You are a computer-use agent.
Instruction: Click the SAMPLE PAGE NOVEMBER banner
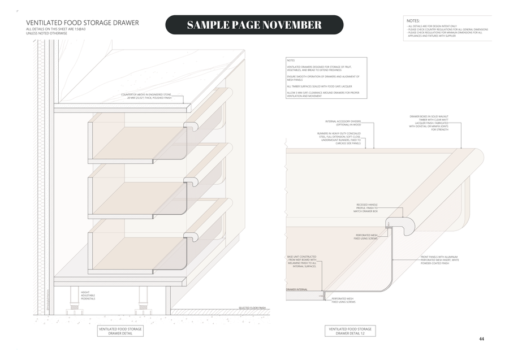[x=254, y=25]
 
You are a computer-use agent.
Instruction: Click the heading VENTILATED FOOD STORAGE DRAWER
[x=83, y=23]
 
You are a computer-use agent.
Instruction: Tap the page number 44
[x=481, y=339]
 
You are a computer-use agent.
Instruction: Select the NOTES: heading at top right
[x=413, y=20]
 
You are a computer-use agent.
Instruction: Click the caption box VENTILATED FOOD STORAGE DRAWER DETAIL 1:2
[x=350, y=331]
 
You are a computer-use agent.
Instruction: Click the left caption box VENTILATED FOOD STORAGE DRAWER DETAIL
[x=120, y=331]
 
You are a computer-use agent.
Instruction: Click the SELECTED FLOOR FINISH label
[x=252, y=309]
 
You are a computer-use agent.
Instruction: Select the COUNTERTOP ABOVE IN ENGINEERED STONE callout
[x=149, y=96]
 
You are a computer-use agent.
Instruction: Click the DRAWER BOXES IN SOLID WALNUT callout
[x=429, y=123]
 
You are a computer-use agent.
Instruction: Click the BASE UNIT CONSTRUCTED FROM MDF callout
[x=302, y=261]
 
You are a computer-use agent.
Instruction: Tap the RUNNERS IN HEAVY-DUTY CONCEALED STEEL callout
[x=339, y=138]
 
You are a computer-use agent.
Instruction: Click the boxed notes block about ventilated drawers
[x=326, y=79]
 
